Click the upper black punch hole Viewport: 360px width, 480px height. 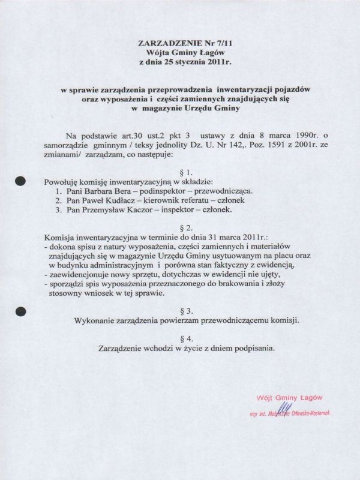click(21, 179)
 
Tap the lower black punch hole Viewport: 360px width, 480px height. click(21, 311)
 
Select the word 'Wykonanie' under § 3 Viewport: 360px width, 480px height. click(95, 320)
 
